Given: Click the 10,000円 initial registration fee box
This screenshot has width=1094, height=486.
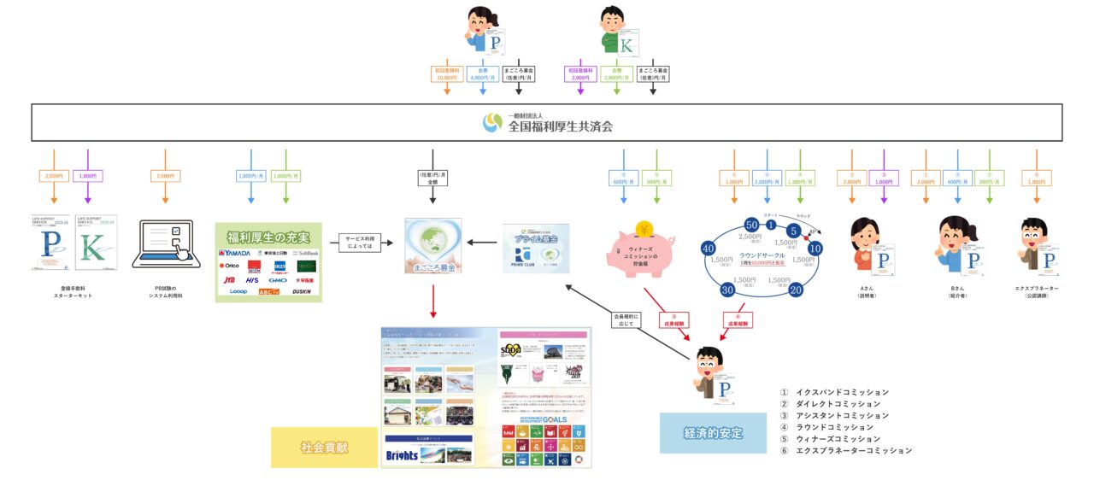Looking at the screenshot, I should (x=448, y=73).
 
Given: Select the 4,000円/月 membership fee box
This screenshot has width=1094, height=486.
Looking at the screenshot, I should (x=482, y=73).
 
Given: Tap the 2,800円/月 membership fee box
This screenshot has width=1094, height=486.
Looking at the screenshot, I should (x=615, y=73).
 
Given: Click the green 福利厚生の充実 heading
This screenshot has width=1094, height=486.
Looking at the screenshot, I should (x=268, y=236).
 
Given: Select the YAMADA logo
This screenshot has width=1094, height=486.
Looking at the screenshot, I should (x=235, y=254).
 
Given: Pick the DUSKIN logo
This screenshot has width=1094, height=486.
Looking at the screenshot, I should (x=302, y=291).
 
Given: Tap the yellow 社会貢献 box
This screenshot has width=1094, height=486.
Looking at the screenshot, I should (x=324, y=447).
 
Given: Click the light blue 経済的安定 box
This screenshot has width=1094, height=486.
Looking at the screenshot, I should (x=713, y=433).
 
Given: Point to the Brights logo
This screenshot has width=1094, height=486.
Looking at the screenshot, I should (x=402, y=454).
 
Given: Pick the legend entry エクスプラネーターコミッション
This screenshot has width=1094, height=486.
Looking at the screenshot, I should (x=851, y=450).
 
